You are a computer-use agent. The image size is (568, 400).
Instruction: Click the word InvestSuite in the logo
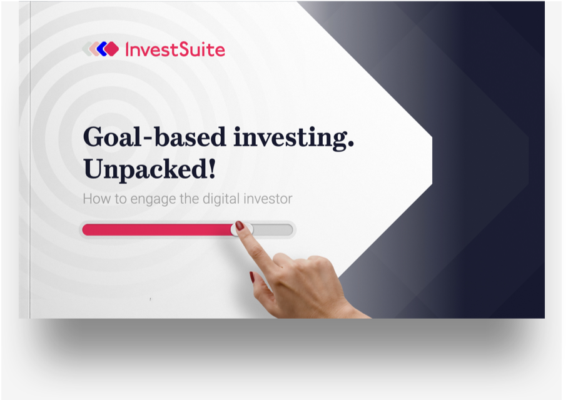click(x=175, y=49)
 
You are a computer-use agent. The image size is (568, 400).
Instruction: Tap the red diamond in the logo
click(x=111, y=49)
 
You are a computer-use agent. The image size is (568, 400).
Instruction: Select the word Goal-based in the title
click(x=155, y=137)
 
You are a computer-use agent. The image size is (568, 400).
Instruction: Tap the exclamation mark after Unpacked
click(x=213, y=168)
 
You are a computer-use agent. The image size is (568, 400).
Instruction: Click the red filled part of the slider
click(x=158, y=230)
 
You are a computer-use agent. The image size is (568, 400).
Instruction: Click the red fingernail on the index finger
click(x=240, y=225)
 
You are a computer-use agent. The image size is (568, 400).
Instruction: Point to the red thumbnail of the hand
click(x=251, y=277)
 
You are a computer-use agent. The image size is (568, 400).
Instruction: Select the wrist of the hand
click(x=348, y=307)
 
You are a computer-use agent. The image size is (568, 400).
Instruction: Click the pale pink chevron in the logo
click(x=93, y=49)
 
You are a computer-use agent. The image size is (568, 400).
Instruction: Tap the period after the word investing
click(x=350, y=146)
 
